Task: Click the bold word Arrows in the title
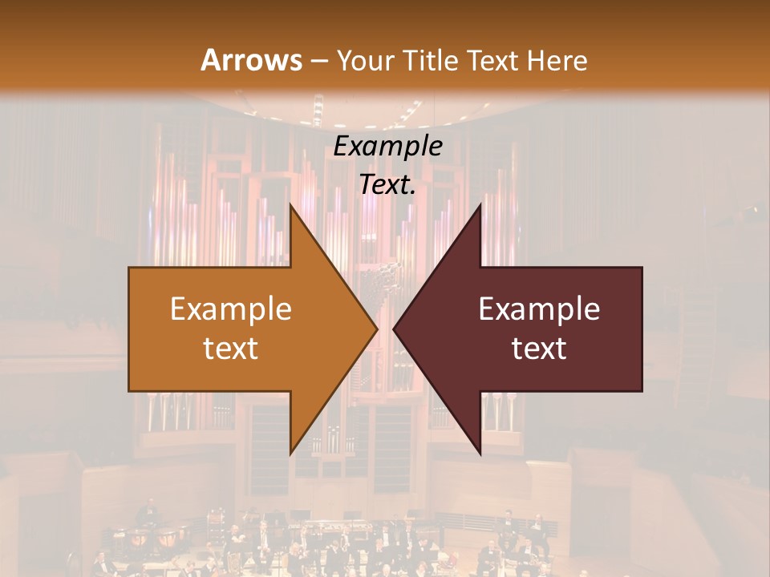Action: (251, 60)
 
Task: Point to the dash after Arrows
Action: (319, 62)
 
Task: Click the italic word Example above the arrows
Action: (388, 146)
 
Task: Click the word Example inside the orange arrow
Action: (231, 309)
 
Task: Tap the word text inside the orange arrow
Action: (231, 349)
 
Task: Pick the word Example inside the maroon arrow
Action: (539, 309)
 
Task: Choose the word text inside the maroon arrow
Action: (539, 349)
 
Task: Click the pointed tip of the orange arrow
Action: (377, 329)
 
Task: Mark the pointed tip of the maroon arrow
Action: (394, 329)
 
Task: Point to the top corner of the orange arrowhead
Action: (290, 205)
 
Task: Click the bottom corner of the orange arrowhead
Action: (290, 454)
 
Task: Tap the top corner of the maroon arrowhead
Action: (480, 205)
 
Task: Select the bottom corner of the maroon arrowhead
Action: (480, 454)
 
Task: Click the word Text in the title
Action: (494, 60)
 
